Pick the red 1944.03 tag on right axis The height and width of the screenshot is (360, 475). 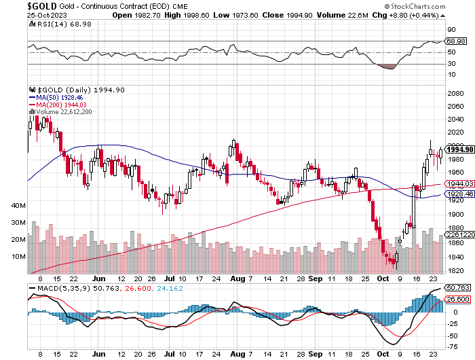pos(454,184)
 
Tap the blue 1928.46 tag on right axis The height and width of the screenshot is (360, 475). pos(454,194)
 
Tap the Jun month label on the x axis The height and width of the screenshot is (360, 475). pos(100,278)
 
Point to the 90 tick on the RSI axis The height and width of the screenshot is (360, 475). pos(449,31)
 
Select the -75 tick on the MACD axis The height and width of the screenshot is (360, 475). pos(451,345)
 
